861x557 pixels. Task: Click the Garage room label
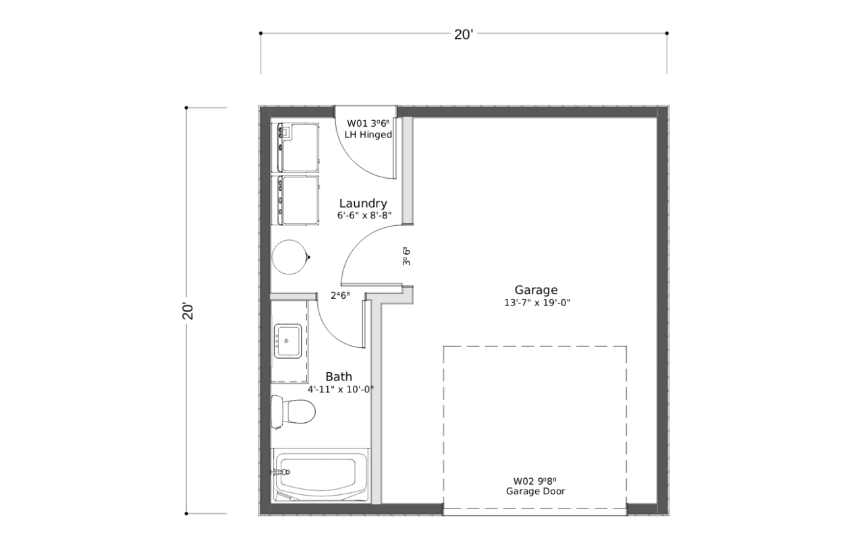pos(536,291)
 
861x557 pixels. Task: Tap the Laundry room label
pos(363,204)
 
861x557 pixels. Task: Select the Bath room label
pos(339,376)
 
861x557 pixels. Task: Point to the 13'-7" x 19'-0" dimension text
pos(537,303)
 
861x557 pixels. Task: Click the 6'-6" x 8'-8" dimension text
pos(364,216)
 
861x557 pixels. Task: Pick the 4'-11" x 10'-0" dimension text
pos(341,390)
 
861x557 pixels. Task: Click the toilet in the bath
pos(294,412)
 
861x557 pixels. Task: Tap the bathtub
pos(321,475)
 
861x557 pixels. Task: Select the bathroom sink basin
pos(287,341)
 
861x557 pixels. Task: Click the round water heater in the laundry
pos(289,257)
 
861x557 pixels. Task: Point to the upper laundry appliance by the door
pos(295,148)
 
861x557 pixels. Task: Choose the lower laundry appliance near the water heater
pos(295,200)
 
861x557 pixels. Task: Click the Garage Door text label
pos(536,492)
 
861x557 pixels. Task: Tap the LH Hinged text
pos(368,135)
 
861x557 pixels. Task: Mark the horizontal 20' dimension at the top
pos(464,34)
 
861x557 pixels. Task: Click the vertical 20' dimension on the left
pos(188,311)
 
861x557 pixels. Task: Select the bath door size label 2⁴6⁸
pos(341,295)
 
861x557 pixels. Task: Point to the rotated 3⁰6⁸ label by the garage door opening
pos(406,256)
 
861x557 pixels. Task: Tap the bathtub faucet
pos(282,472)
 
